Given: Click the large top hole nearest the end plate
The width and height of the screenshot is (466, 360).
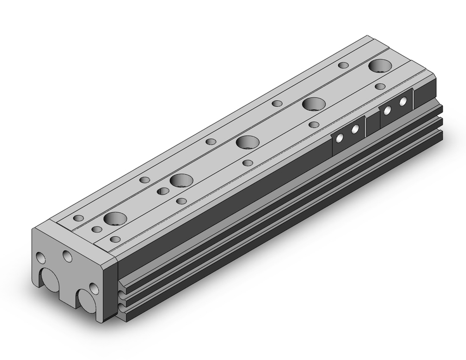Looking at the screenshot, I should point(115,218).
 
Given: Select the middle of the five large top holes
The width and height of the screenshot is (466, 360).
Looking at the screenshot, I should point(247,142).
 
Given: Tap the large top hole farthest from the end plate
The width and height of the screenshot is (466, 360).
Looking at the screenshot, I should point(380,66).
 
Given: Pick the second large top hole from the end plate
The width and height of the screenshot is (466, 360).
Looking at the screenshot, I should point(181,180).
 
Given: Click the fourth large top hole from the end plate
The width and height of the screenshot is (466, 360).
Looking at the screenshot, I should point(313,104).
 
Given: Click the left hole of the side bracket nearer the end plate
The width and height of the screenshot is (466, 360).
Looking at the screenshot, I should point(340,137).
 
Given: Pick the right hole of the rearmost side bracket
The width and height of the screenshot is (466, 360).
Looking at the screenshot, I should point(403,101).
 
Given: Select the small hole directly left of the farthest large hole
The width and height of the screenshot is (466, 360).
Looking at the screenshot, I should point(343,65).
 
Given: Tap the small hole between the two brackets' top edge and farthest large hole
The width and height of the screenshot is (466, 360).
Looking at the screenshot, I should point(380,86).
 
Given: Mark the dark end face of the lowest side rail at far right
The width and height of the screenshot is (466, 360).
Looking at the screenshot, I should point(440,135).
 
